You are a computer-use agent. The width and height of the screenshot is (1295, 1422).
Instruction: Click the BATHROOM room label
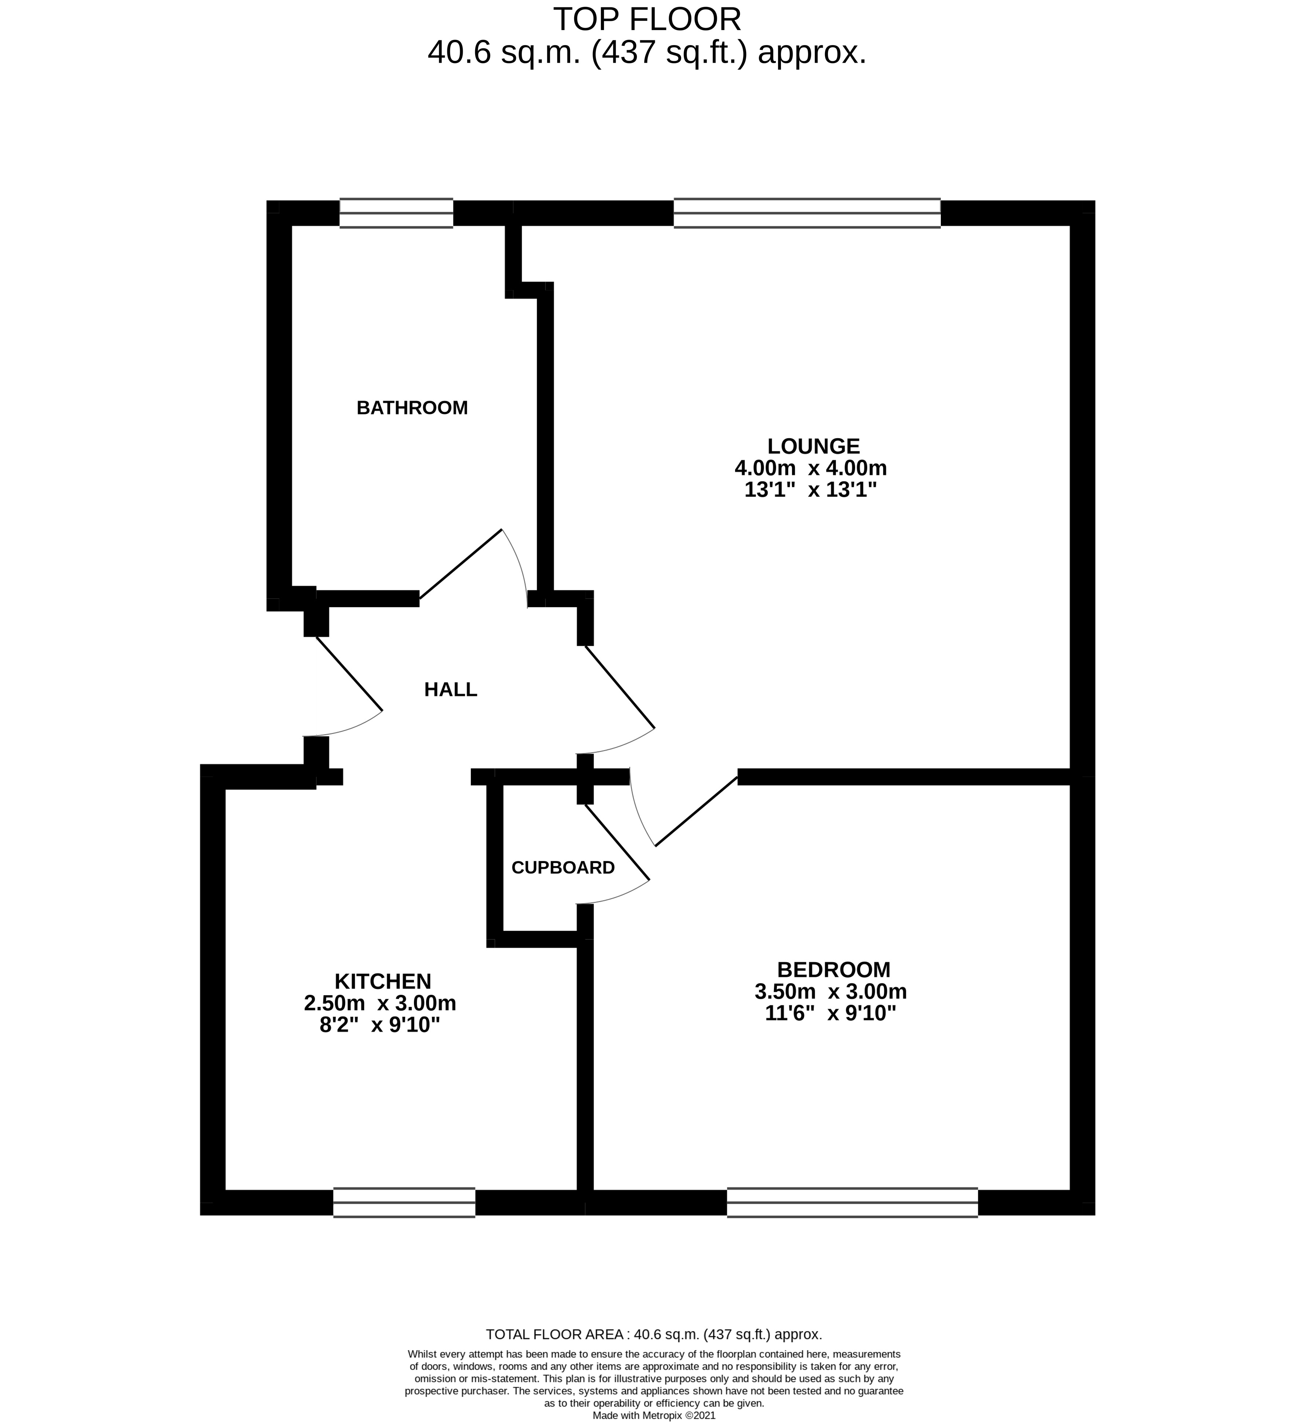pos(412,408)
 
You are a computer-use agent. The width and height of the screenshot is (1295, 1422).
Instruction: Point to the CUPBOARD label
pos(563,868)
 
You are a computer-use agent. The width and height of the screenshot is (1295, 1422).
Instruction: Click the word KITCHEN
pos(382,981)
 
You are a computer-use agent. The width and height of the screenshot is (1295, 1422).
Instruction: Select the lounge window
pos(807,213)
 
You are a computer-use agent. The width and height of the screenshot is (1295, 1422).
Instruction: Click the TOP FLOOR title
pos(647,20)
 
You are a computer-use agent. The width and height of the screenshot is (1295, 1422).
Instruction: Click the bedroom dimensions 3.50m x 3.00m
pos(830,992)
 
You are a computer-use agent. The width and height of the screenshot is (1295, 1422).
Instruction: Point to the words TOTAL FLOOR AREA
pos(554,1334)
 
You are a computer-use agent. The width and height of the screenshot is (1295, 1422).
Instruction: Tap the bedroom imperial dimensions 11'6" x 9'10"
pos(830,1014)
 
